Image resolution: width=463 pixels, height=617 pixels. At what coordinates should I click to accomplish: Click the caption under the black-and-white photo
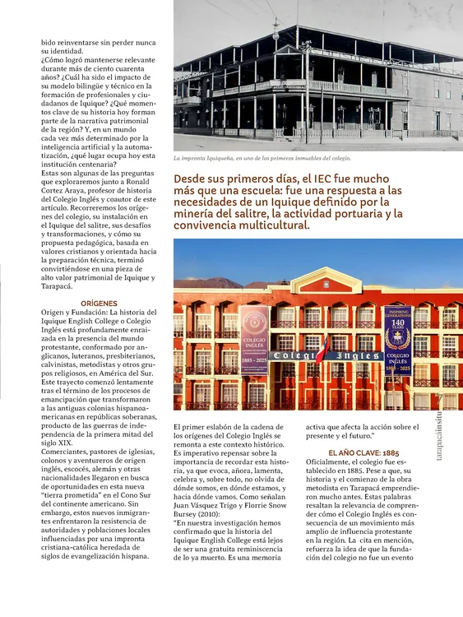point(262,157)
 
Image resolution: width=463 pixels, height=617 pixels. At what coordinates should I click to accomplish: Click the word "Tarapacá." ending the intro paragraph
point(57,286)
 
